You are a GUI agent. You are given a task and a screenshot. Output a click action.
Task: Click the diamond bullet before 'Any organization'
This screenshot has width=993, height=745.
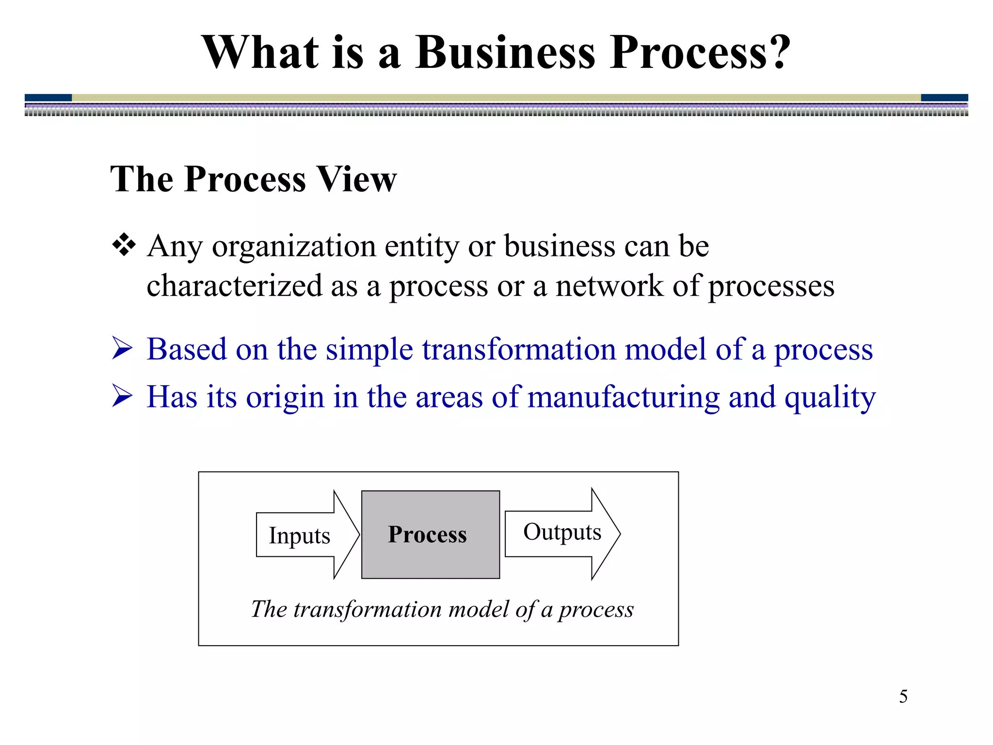click(x=124, y=245)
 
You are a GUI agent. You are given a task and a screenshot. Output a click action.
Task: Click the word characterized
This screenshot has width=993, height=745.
click(x=234, y=286)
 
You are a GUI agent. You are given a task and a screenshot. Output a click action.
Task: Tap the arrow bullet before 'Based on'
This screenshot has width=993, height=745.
click(x=122, y=349)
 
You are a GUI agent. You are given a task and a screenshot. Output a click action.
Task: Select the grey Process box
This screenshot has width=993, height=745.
click(x=430, y=534)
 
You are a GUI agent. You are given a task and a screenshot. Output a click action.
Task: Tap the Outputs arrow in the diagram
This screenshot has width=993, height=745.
click(x=562, y=533)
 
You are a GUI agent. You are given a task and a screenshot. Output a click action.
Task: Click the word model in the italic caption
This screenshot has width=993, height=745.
click(x=479, y=609)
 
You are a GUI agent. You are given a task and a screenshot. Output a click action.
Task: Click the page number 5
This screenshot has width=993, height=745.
click(x=903, y=696)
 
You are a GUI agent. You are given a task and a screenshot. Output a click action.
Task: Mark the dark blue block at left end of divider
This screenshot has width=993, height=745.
click(x=48, y=97)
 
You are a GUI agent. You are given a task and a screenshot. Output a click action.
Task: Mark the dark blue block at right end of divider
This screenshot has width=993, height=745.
click(x=944, y=97)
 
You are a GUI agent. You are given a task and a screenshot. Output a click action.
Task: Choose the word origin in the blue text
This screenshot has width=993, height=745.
click(x=285, y=398)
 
